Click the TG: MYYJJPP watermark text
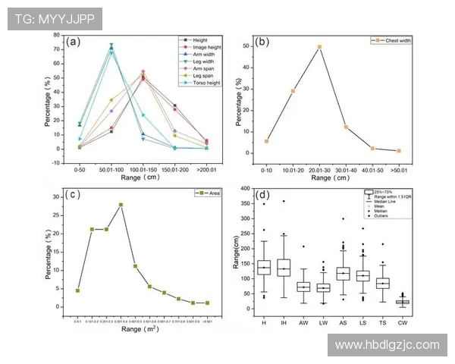[x=52, y=20]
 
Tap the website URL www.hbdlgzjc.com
[x=387, y=344]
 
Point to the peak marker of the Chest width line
[x=319, y=47]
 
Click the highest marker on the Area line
[x=121, y=205]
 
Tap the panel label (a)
[x=74, y=42]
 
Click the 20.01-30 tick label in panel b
[x=319, y=169]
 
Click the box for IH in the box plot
[x=284, y=268]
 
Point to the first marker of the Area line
[x=77, y=290]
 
